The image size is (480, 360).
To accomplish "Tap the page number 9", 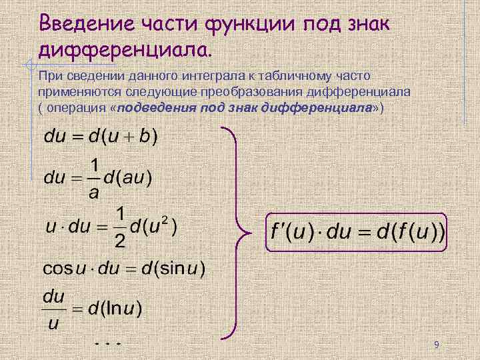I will click(436, 345).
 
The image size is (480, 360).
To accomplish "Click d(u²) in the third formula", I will click(153, 226).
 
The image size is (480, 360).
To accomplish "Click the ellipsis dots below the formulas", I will click(107, 343).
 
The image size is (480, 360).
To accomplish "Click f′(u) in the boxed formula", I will click(289, 233).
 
